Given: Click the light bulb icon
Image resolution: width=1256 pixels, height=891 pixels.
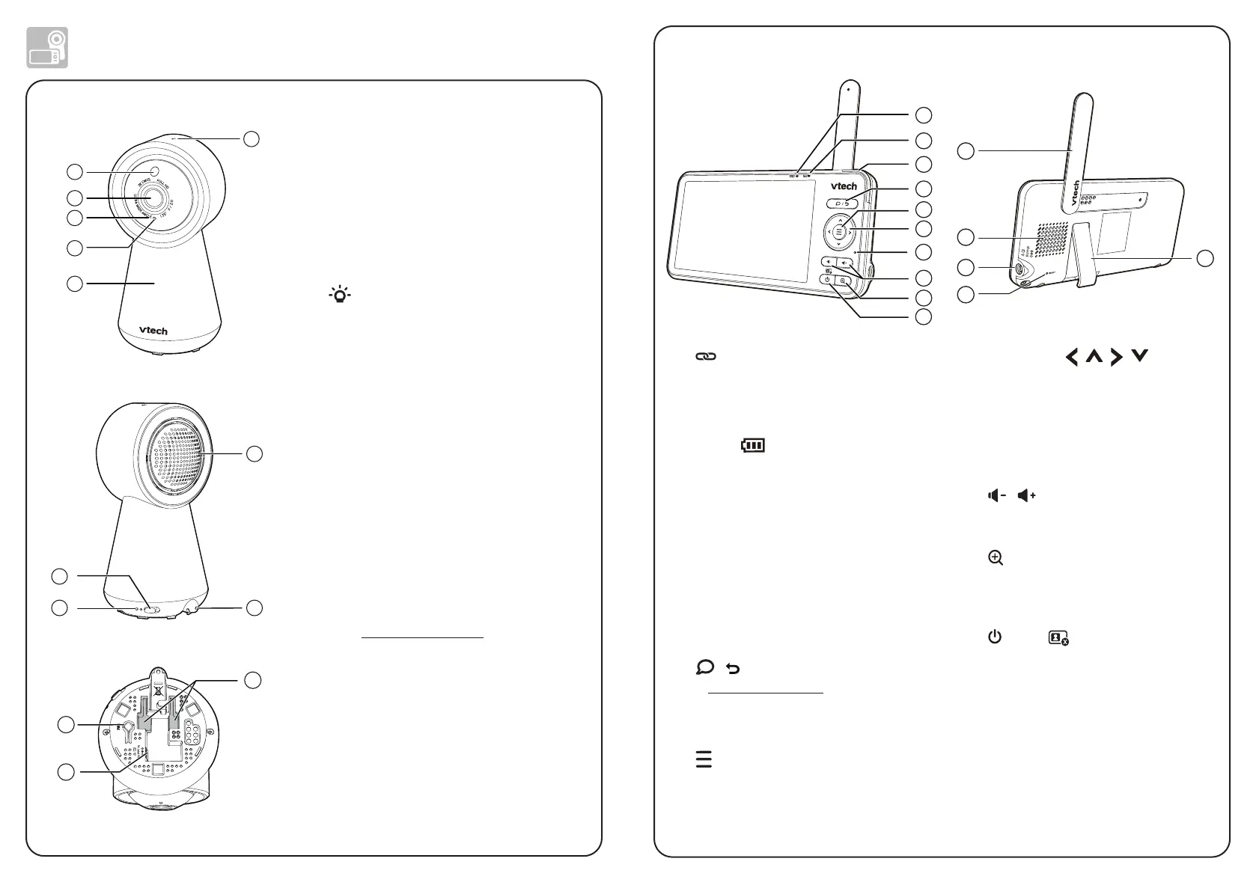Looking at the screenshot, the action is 341,295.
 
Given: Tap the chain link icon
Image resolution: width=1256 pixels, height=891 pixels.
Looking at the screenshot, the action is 706,358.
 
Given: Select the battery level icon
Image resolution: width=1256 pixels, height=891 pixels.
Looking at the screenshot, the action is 753,446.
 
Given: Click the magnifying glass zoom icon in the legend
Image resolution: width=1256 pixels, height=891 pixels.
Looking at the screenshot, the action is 996,558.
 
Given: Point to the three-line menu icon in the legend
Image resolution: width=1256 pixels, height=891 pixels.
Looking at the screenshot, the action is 704,759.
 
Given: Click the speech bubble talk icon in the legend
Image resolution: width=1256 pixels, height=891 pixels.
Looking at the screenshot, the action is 705,667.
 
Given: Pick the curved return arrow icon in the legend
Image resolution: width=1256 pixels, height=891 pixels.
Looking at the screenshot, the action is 734,669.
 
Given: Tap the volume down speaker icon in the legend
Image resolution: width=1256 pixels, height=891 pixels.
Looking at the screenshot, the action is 996,496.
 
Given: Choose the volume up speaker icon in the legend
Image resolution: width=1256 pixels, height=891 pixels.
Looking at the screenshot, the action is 1027,496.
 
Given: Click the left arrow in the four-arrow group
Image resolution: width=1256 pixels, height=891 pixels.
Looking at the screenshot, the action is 1072,358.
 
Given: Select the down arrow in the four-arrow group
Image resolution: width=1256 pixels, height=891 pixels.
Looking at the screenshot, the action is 1139,357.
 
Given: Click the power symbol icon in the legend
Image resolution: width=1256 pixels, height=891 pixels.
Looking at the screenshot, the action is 995,637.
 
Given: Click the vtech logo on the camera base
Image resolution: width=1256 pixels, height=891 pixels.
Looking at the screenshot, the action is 153,331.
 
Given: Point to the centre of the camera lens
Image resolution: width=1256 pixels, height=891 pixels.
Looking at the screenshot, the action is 152,198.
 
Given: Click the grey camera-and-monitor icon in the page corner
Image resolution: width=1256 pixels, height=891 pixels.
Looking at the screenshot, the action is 47,47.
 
